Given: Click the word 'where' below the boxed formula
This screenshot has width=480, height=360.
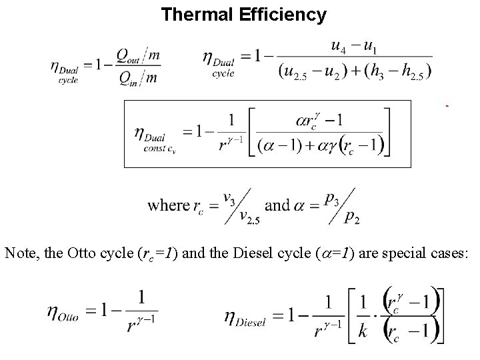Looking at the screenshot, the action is tap(169, 205).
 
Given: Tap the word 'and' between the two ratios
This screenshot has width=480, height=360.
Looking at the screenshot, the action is tap(277, 205).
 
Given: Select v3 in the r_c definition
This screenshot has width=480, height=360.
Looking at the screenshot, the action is tap(228, 197).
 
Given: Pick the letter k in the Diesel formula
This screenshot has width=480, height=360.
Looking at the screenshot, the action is tap(361, 331).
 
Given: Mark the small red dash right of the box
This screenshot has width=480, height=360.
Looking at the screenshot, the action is tap(447, 105).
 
